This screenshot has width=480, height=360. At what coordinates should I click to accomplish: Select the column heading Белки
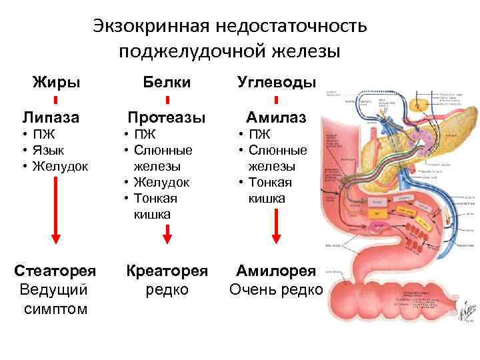167,82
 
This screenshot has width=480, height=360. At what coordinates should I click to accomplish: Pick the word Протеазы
167,118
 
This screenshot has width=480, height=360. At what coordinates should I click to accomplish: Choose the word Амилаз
277,118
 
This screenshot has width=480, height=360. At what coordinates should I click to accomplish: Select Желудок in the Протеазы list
162,182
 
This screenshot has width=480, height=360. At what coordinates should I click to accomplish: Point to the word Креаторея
167,271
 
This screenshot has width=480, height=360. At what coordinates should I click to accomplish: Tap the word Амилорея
276,271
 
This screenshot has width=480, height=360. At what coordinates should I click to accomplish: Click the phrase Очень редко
276,290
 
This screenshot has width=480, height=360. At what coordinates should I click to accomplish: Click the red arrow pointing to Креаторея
167,233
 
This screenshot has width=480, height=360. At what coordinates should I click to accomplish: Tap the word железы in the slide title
307,51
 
